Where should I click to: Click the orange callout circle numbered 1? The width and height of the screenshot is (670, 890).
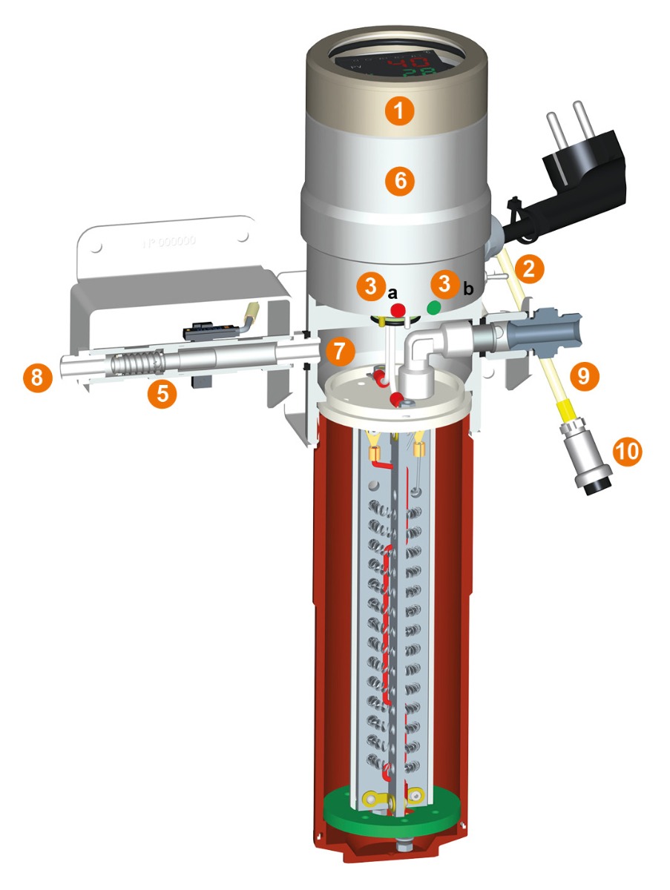[399, 112]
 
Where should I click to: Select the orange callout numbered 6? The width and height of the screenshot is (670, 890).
[399, 182]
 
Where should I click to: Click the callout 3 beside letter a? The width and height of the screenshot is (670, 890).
[370, 286]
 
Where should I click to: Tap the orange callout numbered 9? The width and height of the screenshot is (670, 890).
[584, 377]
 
